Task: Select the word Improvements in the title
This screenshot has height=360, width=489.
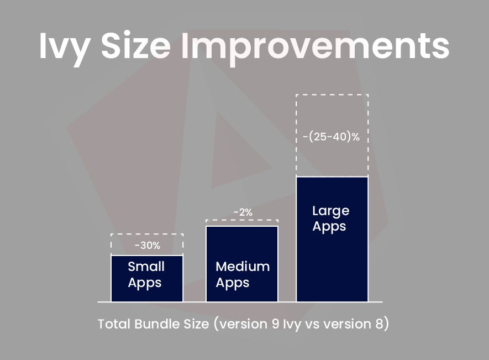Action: coord(316,47)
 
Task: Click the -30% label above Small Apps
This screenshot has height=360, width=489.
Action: coord(148,246)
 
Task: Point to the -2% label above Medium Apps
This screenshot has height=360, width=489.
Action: coord(243,212)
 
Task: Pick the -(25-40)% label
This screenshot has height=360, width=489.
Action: coord(331,137)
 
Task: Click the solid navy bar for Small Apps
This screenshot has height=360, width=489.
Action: coord(147,279)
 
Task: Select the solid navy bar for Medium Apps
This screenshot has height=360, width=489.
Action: coord(242,264)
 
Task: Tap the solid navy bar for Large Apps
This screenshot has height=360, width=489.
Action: coord(332,239)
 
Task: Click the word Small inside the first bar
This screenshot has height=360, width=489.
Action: coord(146,267)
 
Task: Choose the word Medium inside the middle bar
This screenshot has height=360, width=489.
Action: coord(243,267)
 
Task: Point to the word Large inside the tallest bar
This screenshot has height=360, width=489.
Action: coord(330,211)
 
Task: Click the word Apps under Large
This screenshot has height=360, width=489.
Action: coord(329,227)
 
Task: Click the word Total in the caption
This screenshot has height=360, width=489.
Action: coord(114,324)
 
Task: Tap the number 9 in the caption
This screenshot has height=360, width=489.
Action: coord(275,324)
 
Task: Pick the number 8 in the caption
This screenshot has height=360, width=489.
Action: coord(379,324)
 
